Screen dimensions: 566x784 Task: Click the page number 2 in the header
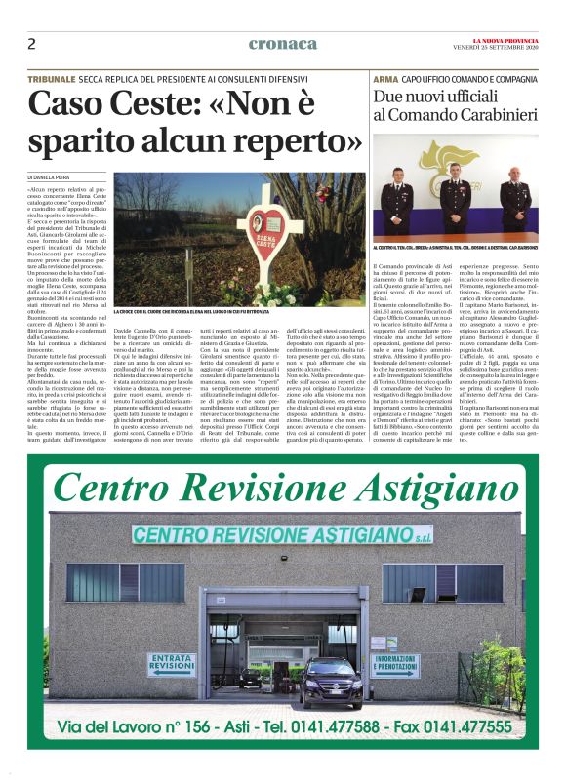(x=32, y=44)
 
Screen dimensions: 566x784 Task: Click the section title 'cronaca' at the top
(x=283, y=43)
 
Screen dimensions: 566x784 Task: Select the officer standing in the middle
(x=459, y=200)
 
